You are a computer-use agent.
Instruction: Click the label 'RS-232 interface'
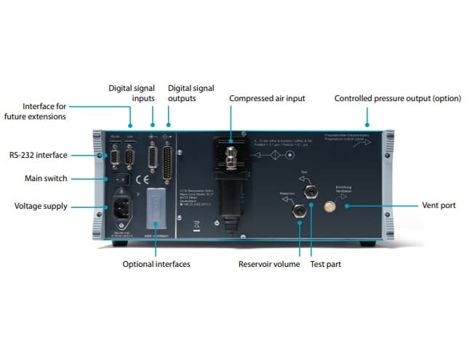pos(38,155)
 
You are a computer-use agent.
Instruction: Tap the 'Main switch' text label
pos(45,179)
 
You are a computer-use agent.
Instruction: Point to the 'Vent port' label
pos(439,206)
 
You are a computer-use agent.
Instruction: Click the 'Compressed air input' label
pos(267,98)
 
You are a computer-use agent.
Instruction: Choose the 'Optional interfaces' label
pos(156,264)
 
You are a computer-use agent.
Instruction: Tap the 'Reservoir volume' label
pos(268,264)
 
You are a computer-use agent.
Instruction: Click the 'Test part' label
pos(325,264)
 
